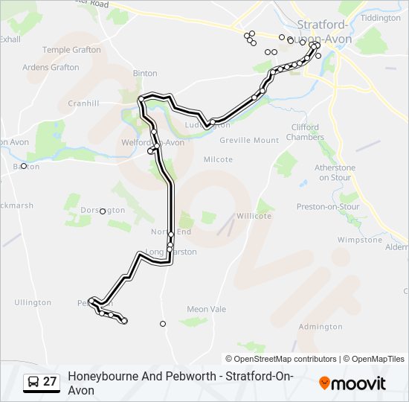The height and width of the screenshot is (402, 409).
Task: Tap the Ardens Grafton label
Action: pos(51,67)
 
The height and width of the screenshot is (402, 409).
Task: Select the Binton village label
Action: pos(145,73)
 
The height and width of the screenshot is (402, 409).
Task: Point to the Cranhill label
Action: pos(83,103)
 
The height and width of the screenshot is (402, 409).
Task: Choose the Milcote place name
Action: pos(218,159)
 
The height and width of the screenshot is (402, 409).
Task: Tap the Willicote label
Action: pos(254,216)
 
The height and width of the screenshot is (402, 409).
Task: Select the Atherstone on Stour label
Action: pos(335,172)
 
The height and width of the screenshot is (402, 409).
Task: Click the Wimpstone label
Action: pos(359,240)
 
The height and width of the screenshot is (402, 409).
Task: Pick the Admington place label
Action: pos(320,327)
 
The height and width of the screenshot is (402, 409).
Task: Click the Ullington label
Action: pos(33,302)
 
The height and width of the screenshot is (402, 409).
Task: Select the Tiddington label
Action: pos(379,17)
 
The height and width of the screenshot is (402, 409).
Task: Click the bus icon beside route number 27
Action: pos(33,383)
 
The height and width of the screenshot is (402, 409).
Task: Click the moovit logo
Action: pos(352,383)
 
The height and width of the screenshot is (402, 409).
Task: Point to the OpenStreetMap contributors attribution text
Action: pos(285,359)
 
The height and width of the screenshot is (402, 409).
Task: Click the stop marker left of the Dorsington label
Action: pos(103,211)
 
